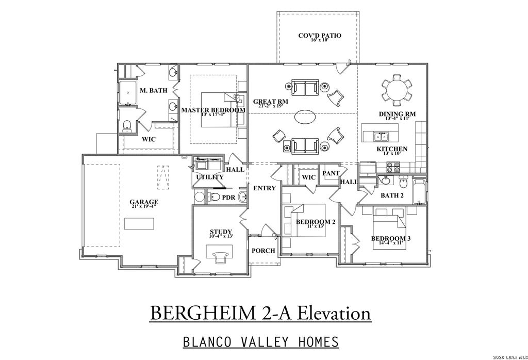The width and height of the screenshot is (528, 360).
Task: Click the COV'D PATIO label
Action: coord(320,36)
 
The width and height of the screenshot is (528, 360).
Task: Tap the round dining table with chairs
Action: coord(397,89)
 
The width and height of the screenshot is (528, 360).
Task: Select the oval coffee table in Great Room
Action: coord(306,117)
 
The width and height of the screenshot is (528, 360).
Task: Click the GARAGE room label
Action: coord(144,202)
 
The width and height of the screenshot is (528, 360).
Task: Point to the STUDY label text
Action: coord(221,232)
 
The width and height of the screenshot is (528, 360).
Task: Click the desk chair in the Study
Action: coord(221,254)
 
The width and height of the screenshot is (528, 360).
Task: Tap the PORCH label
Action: coord(263,251)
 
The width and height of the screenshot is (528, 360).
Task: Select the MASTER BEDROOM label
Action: coord(213,110)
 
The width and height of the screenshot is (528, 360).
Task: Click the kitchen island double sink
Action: coord(381,137)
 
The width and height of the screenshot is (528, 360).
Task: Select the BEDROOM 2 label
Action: coord(316,222)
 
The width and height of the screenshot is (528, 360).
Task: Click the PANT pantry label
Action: coord(330,174)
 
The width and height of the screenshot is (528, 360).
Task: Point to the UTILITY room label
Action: coord(209,177)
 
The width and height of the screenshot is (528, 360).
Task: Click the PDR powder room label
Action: coord(228,197)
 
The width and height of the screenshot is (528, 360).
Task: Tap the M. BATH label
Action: coord(154,91)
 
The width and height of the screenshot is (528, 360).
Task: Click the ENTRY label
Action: coord(265,188)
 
